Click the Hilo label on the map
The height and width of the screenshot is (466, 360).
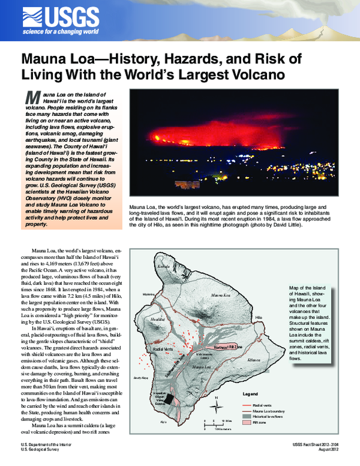pos(259,316)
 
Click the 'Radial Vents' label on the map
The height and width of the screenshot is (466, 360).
pos(164,348)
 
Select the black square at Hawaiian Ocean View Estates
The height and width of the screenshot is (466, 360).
pos(171,400)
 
